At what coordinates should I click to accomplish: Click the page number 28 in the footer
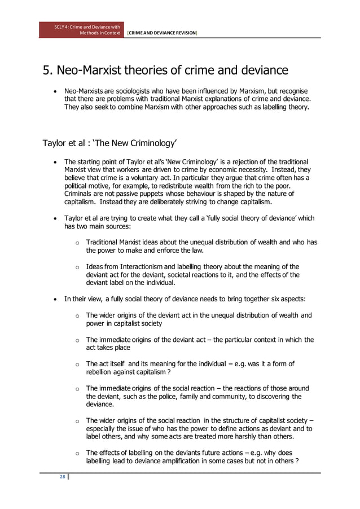tap(63, 477)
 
